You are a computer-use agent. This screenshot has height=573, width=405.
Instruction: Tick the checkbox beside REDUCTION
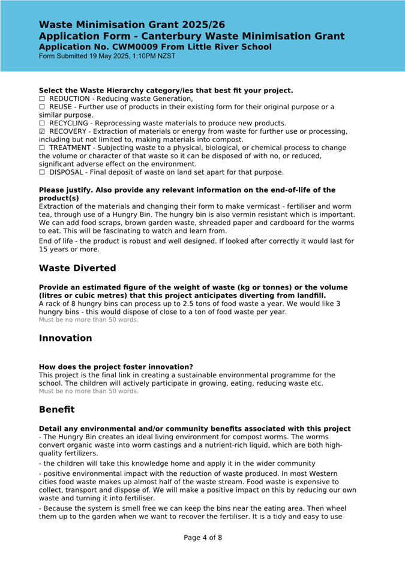coord(42,99)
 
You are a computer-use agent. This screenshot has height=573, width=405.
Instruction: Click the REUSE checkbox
coord(42,107)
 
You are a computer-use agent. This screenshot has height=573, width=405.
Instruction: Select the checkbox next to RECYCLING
coord(42,124)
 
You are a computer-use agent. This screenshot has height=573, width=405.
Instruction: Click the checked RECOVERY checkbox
coord(42,131)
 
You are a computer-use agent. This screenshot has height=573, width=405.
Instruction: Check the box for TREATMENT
coord(42,148)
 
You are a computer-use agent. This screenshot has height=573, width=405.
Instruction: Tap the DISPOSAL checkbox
coord(42,173)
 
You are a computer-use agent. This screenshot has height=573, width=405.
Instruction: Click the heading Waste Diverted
coord(77,268)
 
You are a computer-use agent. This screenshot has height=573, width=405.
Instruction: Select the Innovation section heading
coord(65,338)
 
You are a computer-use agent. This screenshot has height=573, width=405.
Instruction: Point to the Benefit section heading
coord(57,410)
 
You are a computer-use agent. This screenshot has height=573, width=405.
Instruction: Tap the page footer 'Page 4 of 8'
coord(203,538)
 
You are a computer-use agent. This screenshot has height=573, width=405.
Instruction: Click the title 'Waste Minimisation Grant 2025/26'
coord(132,25)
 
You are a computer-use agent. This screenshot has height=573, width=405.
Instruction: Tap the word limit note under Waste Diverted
coord(88,320)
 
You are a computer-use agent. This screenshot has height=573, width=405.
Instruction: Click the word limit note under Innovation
coord(88,391)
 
